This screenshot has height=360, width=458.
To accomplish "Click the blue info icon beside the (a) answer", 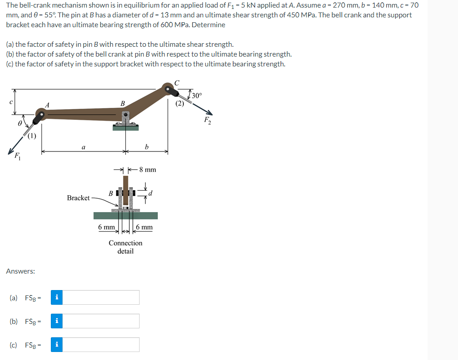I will tap(56, 298).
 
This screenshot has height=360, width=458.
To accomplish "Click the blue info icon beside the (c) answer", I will tap(56, 345).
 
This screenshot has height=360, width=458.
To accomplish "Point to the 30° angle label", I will tap(197, 96).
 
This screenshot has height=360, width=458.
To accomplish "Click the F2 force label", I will tap(207, 120).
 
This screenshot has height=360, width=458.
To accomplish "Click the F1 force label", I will tap(17, 156).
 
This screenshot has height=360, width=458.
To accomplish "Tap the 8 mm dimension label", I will tap(147, 170).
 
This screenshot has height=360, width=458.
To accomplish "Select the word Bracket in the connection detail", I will tap(78, 197).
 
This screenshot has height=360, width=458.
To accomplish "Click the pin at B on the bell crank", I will tap(126, 115).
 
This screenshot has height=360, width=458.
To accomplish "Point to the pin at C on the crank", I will tap(168, 90).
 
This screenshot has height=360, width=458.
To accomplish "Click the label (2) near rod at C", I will tap(179, 104).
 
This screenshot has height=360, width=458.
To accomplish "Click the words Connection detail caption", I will tap(125, 247).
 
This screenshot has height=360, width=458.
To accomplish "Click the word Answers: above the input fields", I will tap(21, 271).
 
